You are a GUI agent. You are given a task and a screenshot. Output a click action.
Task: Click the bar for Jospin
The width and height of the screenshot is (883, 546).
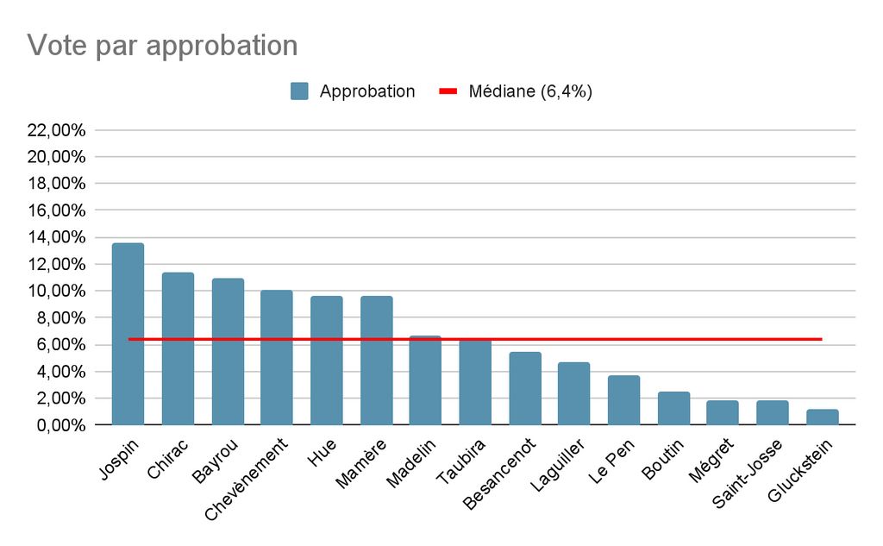(128, 334)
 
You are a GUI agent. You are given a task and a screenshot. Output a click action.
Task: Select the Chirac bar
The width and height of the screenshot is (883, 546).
(178, 348)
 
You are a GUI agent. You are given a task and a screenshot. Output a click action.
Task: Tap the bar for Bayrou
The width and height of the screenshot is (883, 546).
(228, 351)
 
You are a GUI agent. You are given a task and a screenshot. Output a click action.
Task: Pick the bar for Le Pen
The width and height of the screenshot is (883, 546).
(623, 400)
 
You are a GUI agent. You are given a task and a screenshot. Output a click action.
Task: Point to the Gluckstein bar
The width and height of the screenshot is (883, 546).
(823, 417)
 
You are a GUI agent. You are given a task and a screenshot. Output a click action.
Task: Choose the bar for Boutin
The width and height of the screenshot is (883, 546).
(673, 408)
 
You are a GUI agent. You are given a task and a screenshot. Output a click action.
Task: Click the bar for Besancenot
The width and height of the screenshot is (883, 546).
(525, 388)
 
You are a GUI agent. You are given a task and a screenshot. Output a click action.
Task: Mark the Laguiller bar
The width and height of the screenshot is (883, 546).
(573, 393)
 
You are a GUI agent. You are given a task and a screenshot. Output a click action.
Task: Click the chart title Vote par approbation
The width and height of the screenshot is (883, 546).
(162, 45)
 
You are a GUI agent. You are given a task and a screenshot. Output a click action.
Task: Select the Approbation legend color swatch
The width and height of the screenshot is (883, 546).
(300, 91)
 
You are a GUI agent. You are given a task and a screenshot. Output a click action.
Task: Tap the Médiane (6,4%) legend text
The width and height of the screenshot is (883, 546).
(529, 91)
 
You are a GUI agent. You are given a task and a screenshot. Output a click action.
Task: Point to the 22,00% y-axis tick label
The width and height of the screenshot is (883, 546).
(57, 130)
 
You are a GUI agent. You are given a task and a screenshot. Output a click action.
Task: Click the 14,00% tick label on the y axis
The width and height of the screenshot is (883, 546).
(57, 237)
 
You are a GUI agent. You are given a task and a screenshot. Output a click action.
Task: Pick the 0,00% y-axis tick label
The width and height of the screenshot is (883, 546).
(60, 425)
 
